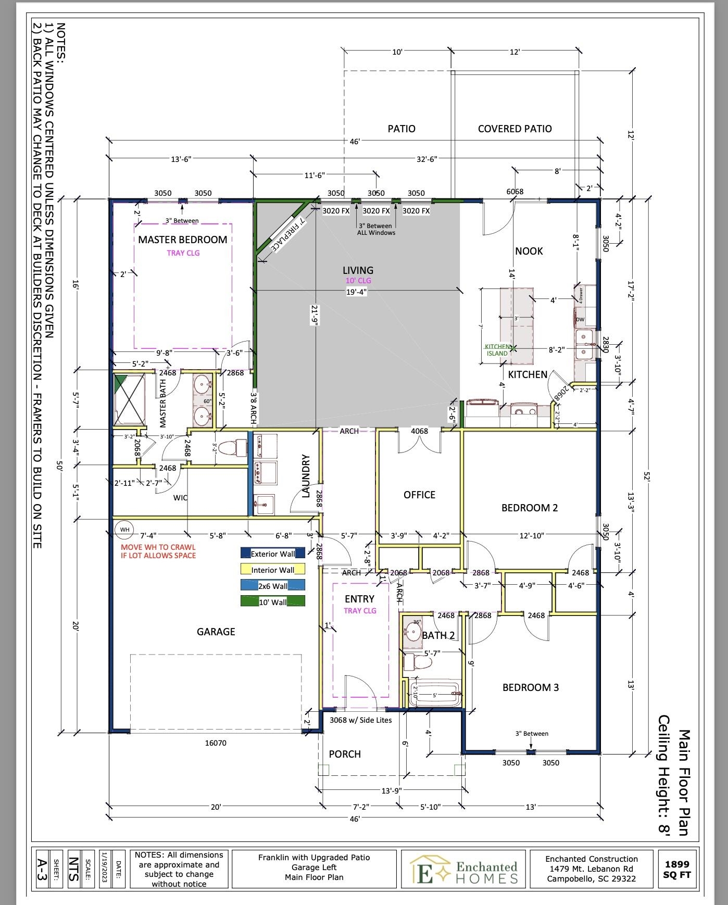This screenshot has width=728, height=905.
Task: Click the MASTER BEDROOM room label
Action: [x=182, y=240]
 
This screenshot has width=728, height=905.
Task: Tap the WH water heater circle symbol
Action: [x=124, y=530]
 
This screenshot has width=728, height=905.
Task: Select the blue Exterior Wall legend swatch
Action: [x=245, y=554]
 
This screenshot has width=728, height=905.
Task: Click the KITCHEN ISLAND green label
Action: [x=497, y=350]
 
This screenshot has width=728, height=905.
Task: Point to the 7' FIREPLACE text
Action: [x=286, y=234]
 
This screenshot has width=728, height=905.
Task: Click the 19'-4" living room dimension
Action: [x=357, y=292]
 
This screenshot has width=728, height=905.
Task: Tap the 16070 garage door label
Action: [x=216, y=743]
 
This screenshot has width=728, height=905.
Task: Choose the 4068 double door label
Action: [x=419, y=431]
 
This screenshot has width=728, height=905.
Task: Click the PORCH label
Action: [x=345, y=754]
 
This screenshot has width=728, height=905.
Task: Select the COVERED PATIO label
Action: [x=514, y=129]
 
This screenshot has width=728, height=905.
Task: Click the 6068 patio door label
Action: [x=515, y=192]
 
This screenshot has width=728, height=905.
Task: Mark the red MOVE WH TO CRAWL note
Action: [x=158, y=551]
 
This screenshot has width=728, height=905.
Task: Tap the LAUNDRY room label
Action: [x=306, y=475]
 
